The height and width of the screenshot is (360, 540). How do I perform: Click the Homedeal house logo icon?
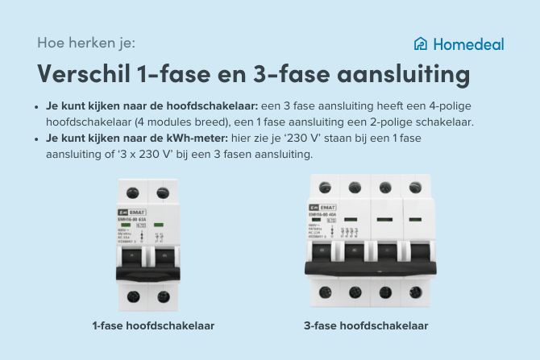pyautogui.click(x=420, y=43)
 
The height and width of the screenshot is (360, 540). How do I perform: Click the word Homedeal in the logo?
pyautogui.click(x=468, y=43)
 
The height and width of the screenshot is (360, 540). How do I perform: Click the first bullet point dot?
pyautogui.click(x=37, y=106)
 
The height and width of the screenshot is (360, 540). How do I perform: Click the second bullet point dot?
pyautogui.click(x=37, y=139)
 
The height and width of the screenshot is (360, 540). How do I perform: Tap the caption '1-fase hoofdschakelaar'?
pyautogui.click(x=153, y=326)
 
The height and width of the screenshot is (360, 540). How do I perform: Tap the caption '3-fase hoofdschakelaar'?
pyautogui.click(x=366, y=326)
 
